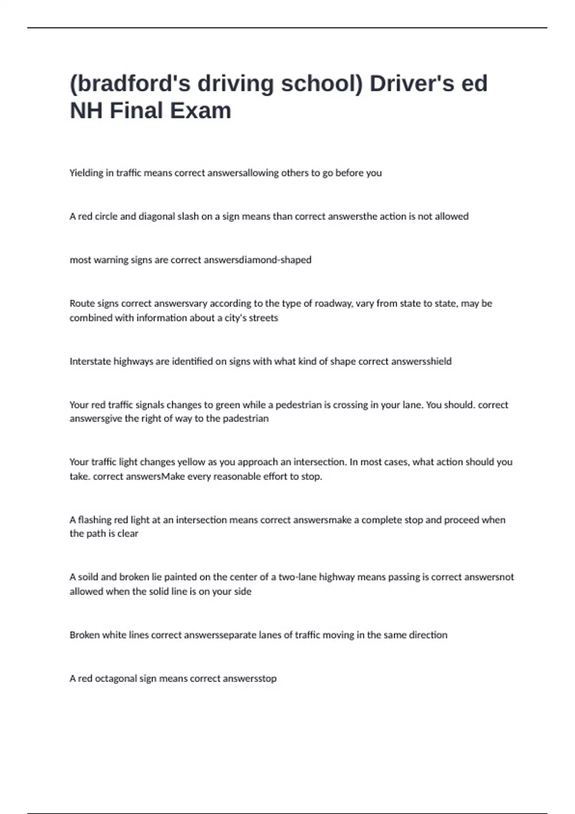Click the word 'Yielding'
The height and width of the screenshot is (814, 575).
click(x=86, y=173)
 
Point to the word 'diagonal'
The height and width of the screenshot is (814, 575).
click(x=157, y=216)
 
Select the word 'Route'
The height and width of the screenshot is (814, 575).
click(x=82, y=304)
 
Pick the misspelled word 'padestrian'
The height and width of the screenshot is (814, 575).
click(x=246, y=418)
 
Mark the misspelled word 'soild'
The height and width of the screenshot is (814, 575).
click(x=88, y=577)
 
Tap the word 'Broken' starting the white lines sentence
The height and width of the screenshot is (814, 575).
click(x=85, y=635)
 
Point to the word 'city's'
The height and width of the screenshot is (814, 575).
click(x=235, y=318)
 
